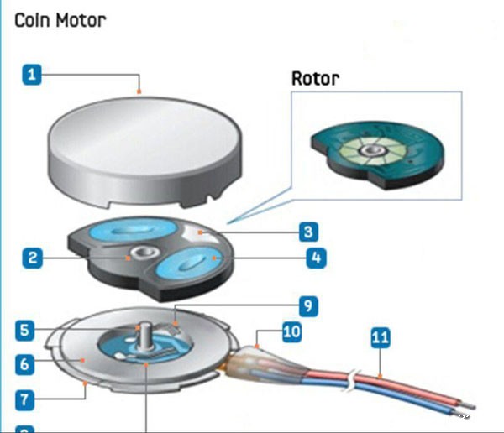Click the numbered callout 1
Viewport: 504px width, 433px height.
pos(32,76)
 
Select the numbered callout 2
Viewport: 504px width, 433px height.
pos(32,258)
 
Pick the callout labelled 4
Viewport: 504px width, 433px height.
pos(314,258)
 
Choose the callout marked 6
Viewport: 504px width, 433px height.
pos(27,363)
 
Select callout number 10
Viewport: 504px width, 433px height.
pos(291,331)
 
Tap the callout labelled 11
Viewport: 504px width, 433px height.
pos(381,338)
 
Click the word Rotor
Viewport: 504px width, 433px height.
pos(315,79)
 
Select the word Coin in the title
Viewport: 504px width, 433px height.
pos(32,19)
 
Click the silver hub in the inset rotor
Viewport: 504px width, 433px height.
pos(370,151)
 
